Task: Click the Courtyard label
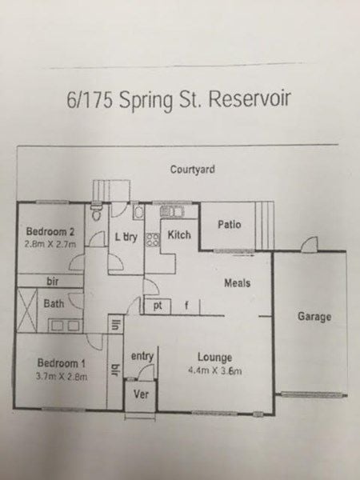[193, 170]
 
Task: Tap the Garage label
[314, 316]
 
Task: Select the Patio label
[230, 224]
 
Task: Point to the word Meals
[238, 283]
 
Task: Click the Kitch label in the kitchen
[179, 234]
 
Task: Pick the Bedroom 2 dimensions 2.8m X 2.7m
[50, 244]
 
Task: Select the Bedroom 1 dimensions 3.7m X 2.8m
[62, 376]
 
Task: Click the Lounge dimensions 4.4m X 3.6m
[215, 370]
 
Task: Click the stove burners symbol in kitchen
[153, 240]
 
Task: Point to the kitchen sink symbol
[171, 211]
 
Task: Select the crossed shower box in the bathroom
[26, 310]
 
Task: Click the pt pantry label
[158, 306]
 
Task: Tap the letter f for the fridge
[186, 306]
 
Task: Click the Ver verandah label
[141, 394]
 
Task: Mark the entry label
[142, 356]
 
